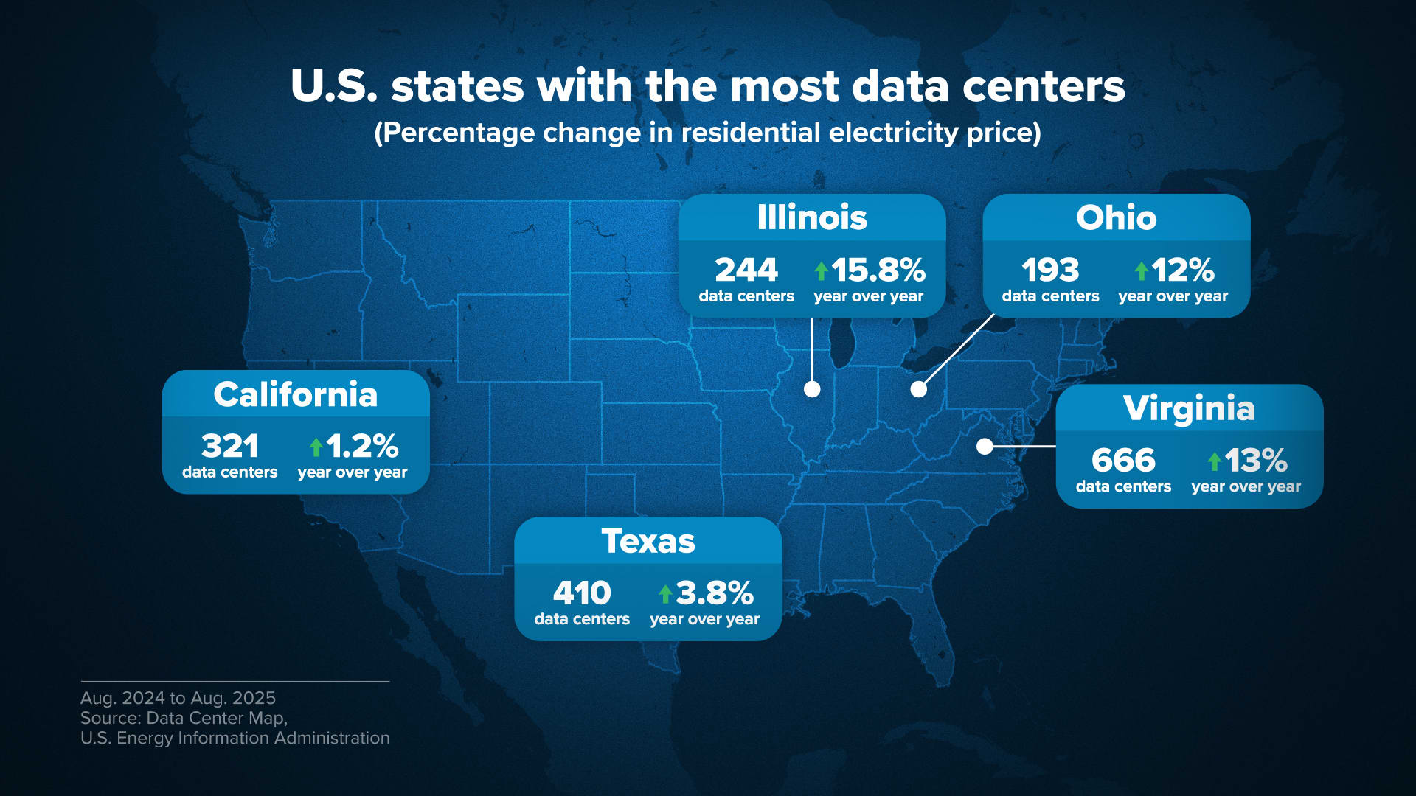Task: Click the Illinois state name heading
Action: click(812, 217)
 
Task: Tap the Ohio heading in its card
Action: click(1116, 217)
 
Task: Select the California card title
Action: click(295, 394)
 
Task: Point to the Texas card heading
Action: click(648, 541)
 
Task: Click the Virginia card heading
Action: click(1189, 408)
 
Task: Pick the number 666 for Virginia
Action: click(1123, 461)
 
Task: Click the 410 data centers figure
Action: click(582, 593)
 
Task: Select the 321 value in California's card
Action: click(229, 446)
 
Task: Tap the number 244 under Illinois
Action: click(746, 270)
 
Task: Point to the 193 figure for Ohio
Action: click(1050, 270)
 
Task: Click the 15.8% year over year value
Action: click(878, 270)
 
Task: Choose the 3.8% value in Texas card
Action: click(714, 593)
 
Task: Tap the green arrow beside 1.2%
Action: click(316, 447)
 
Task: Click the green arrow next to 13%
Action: click(1214, 461)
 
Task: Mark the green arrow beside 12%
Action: click(1141, 271)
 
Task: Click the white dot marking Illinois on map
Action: click(812, 389)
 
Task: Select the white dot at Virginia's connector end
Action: click(985, 446)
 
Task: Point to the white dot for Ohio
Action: click(918, 389)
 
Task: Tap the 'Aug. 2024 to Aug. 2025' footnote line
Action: click(178, 698)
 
